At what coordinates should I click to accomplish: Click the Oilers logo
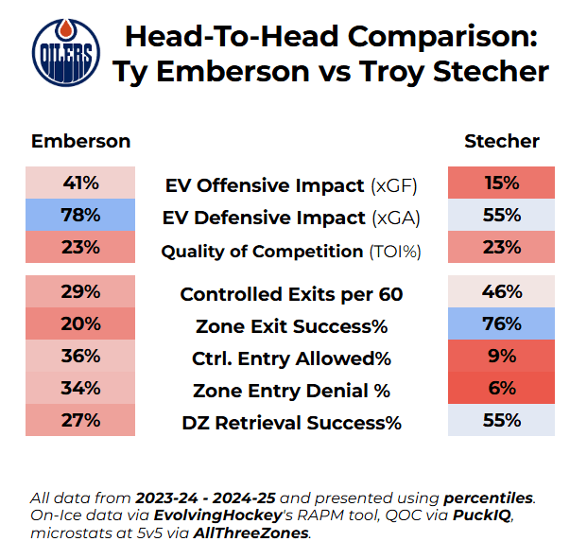(64, 53)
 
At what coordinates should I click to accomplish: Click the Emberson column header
(81, 141)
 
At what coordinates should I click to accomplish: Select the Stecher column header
(501, 141)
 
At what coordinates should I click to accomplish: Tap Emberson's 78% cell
(81, 215)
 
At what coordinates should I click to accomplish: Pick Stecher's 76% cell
(501, 323)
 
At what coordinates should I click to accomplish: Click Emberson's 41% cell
(81, 183)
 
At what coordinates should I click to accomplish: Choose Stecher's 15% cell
(501, 183)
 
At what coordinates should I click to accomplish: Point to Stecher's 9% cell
(501, 356)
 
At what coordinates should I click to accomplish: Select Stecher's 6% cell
(501, 388)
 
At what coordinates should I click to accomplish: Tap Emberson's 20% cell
(81, 323)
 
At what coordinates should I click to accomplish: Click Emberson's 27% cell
(81, 420)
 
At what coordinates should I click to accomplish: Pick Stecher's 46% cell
(501, 291)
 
